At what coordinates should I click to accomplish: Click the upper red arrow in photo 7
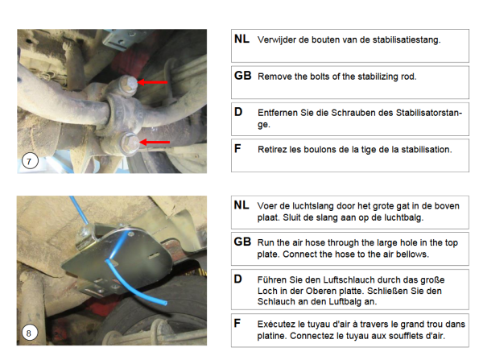152,82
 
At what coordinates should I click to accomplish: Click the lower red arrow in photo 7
155,142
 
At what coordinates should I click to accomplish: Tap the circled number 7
30,161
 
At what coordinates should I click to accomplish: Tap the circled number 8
29,333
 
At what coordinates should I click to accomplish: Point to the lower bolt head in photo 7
130,143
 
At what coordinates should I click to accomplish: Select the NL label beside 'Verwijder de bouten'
242,39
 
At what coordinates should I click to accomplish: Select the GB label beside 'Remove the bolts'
243,76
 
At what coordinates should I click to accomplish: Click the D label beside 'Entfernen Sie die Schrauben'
238,112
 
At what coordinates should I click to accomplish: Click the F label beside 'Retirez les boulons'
237,148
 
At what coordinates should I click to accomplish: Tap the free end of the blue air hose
165,303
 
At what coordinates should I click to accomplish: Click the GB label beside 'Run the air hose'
242,242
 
